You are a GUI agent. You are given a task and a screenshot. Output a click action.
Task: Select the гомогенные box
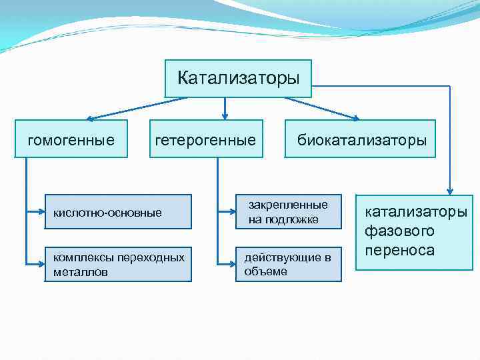click(71, 139)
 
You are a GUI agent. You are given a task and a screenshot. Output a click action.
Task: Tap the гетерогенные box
click(205, 139)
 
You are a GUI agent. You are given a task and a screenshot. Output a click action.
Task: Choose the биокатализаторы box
click(361, 139)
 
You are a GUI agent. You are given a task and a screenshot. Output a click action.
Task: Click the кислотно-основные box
click(118, 213)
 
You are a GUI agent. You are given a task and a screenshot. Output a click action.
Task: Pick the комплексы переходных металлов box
click(118, 264)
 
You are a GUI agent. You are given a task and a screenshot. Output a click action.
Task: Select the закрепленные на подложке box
click(288, 211)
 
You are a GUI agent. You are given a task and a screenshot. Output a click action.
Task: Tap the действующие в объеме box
click(288, 264)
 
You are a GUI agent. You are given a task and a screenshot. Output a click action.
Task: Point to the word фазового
click(399, 232)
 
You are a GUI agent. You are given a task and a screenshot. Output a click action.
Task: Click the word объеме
click(266, 272)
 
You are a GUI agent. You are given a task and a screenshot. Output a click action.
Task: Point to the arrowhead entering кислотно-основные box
click(41, 213)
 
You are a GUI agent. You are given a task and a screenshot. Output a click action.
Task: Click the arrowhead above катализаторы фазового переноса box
click(450, 190)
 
